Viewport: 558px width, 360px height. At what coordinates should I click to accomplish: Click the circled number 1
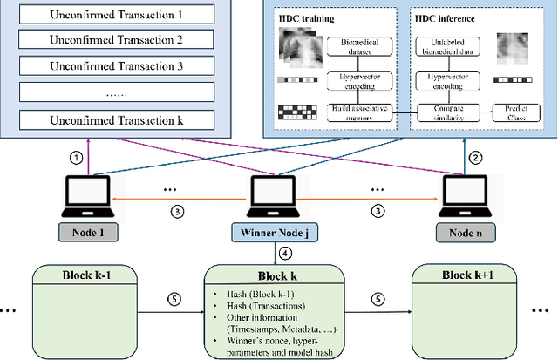pyautogui.click(x=77, y=158)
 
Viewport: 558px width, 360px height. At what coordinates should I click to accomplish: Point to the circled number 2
pyautogui.click(x=475, y=158)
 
